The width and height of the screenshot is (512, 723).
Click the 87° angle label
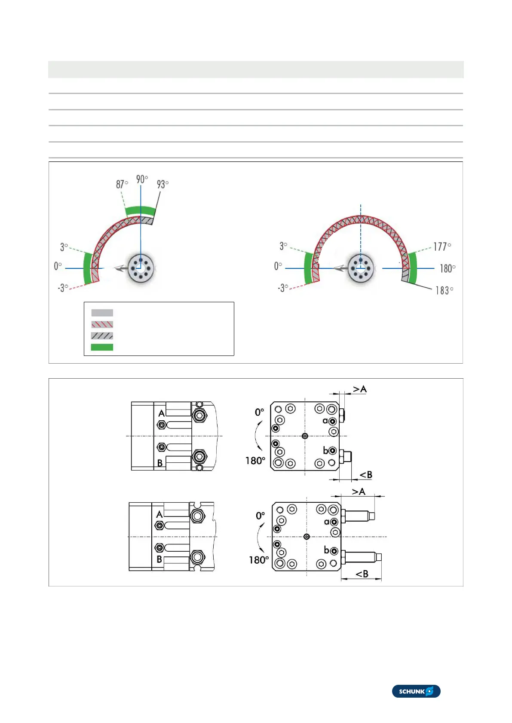(122, 184)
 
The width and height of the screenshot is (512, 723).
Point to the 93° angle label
(162, 184)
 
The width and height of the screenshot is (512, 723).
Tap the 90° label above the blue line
(142, 179)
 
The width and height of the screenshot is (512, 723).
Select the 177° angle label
(442, 246)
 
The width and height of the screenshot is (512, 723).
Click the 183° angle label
(444, 291)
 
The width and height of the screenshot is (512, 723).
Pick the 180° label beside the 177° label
(448, 268)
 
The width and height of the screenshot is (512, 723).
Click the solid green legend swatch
(102, 347)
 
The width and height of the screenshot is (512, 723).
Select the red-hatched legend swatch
(102, 325)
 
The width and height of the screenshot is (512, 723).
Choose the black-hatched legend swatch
(102, 336)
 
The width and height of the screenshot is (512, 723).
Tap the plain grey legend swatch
(102, 313)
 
